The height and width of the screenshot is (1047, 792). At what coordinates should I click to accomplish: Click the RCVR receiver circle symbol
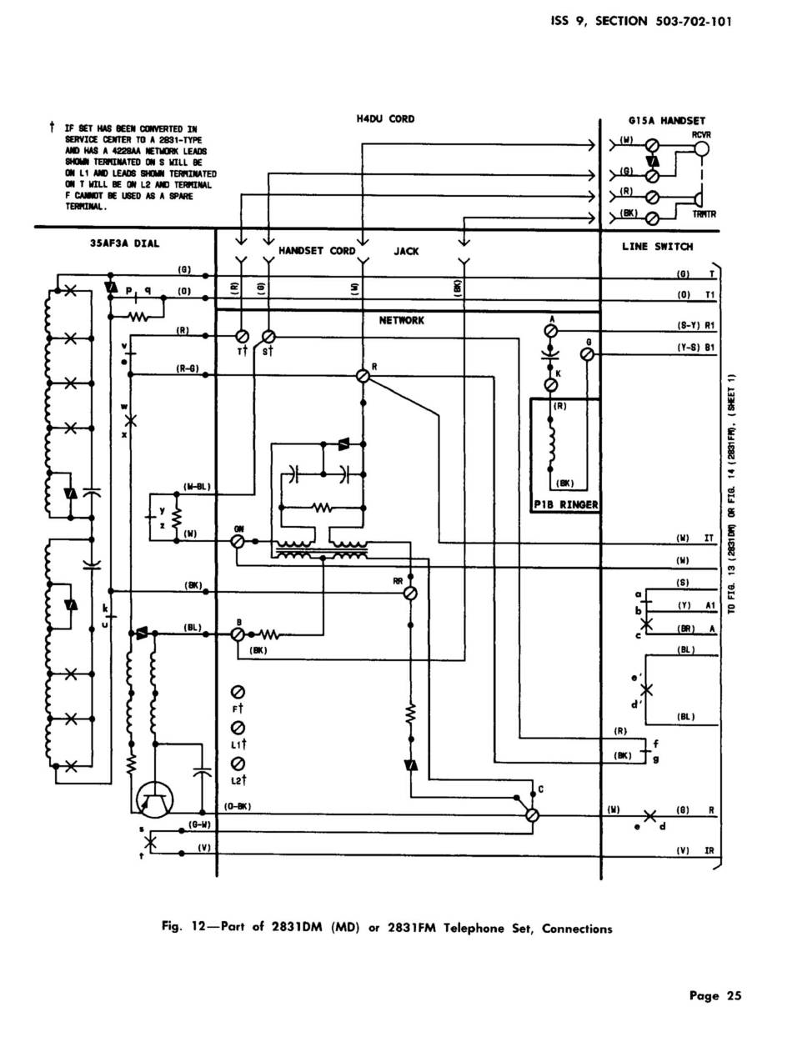(701, 149)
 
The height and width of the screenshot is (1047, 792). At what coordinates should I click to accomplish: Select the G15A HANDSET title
(666, 121)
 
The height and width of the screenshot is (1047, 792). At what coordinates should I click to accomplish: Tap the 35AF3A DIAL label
(124, 243)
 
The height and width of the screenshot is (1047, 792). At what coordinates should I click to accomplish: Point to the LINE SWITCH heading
(657, 247)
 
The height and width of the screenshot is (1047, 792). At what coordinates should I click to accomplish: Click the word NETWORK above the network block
(402, 320)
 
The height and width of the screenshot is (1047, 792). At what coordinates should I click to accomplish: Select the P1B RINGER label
(566, 504)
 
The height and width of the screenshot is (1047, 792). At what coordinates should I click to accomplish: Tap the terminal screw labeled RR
(409, 593)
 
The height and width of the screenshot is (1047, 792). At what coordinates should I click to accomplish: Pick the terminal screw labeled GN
(237, 542)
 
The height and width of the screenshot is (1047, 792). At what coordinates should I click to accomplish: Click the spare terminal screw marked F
(238, 692)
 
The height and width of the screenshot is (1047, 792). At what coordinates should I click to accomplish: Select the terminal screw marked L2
(238, 764)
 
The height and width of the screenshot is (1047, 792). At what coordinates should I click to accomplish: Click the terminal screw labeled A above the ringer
(550, 331)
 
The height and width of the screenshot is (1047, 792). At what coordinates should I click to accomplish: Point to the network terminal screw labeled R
(363, 376)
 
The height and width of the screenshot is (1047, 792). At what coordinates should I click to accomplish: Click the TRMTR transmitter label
(704, 214)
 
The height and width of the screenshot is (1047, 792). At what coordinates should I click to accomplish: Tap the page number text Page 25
(714, 994)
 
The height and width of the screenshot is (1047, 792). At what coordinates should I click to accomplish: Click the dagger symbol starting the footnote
(52, 128)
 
